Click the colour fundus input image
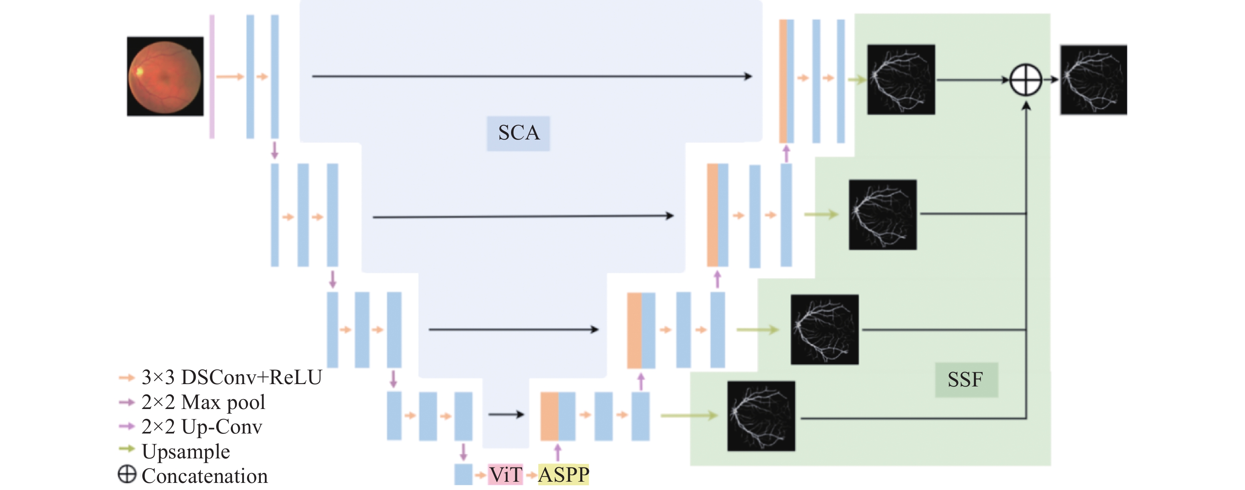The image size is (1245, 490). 165,76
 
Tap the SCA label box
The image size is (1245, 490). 518,134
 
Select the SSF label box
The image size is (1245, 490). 966,380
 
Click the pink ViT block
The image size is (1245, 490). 505,475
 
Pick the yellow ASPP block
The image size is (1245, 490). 564,475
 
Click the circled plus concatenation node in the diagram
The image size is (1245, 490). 1026,80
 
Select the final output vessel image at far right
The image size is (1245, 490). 1093,80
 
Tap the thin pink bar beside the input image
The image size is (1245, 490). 212,76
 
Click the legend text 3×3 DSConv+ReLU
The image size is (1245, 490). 232,377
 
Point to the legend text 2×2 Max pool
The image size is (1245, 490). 203,402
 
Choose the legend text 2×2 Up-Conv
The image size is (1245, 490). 202,427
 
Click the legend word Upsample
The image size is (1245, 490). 186,452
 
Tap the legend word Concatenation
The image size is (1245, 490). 204,476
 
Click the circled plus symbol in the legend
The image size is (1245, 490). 127,474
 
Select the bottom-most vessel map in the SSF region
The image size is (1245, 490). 761,416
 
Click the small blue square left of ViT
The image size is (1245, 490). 463,475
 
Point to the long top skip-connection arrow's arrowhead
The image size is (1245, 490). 748,76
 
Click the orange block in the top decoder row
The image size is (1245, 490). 783,81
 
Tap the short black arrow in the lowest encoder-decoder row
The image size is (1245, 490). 506,414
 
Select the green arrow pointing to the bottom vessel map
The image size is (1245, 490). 689,415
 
